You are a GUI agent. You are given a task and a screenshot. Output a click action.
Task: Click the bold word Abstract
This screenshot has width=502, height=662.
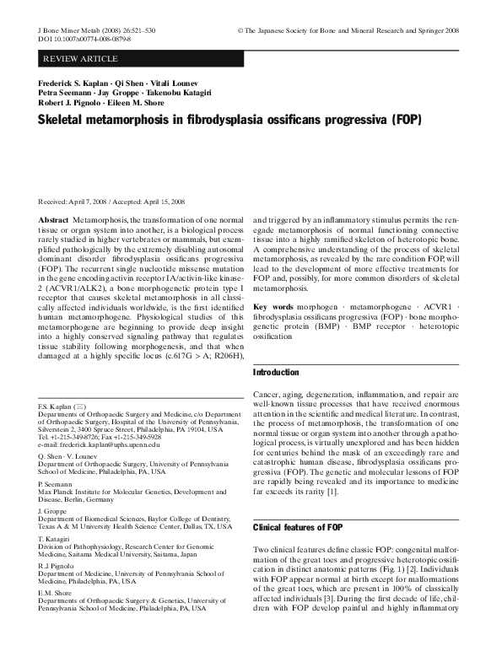pos(54,218)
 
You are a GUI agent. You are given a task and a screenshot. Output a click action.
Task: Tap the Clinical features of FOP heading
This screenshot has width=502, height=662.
pos(299,527)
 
